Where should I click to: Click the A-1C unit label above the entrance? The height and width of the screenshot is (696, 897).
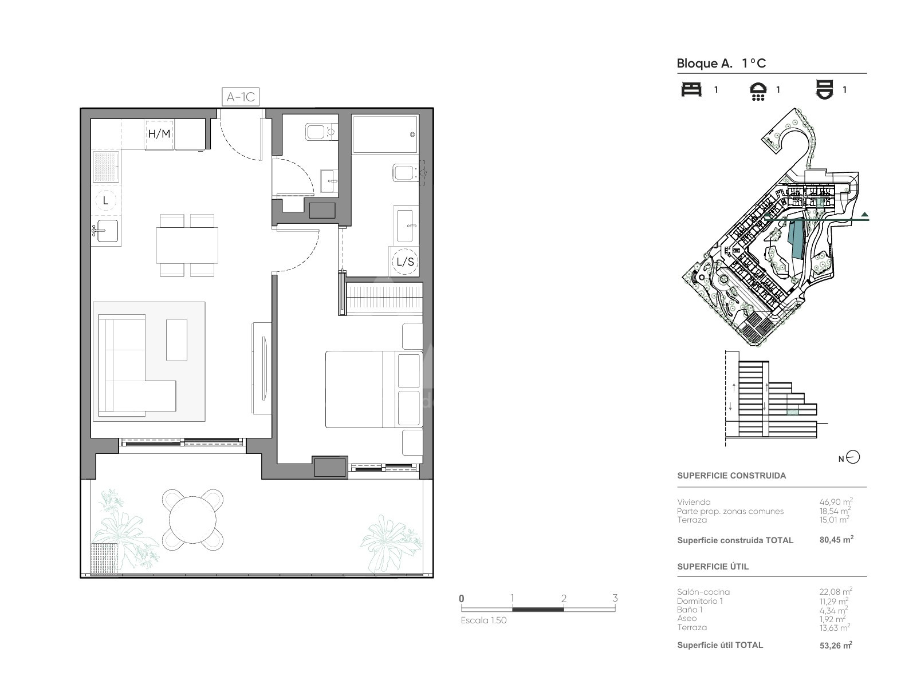(241, 97)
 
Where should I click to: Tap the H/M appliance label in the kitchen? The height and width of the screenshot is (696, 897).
(159, 134)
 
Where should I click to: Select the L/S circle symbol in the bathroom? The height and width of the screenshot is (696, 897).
(405, 262)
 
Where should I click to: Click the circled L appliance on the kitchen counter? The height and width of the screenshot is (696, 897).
(105, 201)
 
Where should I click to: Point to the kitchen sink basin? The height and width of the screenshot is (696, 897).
(107, 231)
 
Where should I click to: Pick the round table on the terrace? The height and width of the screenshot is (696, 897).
(193, 520)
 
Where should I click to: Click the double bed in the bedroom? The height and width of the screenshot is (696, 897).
(373, 389)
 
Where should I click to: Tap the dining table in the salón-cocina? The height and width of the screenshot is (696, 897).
(187, 246)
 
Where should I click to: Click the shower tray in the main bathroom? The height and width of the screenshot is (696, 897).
(384, 134)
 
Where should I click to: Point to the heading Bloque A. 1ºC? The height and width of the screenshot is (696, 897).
(721, 64)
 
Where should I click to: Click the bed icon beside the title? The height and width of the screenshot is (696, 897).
(691, 89)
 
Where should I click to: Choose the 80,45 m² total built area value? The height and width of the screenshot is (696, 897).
(836, 539)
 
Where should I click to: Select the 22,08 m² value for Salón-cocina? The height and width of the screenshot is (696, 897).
(836, 592)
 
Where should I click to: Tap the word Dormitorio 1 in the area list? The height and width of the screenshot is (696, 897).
(700, 601)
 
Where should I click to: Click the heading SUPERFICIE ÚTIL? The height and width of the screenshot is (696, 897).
(713, 567)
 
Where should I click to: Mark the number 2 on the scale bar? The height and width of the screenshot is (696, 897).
(564, 598)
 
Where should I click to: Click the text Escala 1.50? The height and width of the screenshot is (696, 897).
(483, 620)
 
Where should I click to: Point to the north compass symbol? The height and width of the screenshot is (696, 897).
(852, 457)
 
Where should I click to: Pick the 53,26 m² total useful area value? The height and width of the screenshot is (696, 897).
(836, 645)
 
